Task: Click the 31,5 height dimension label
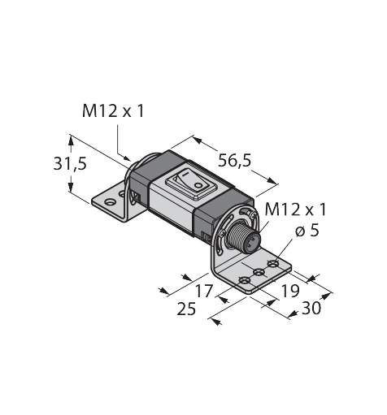(70, 164)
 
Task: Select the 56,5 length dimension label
(235, 160)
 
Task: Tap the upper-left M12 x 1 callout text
(113, 111)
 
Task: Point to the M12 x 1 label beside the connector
(296, 210)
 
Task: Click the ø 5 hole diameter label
(307, 231)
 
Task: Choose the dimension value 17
(204, 291)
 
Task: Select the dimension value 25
(186, 309)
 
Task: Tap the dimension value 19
(290, 291)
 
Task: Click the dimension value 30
(311, 308)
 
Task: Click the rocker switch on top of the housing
(191, 184)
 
